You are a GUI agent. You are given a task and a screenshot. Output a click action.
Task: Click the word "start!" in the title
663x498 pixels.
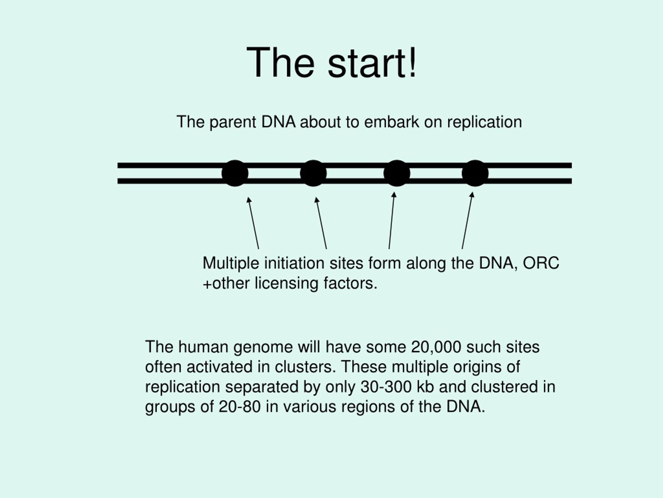(x=372, y=63)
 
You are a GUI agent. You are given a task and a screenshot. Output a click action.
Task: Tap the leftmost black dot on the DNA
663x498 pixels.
(x=235, y=173)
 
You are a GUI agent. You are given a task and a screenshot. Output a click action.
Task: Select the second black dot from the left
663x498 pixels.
(x=313, y=173)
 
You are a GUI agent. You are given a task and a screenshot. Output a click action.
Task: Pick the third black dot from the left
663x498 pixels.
(x=397, y=173)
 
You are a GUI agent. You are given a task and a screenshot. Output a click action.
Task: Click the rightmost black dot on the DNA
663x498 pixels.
(x=475, y=173)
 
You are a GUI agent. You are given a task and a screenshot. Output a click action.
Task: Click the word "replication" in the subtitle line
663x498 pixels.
(x=484, y=122)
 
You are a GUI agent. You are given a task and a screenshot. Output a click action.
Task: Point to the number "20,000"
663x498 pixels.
(x=436, y=347)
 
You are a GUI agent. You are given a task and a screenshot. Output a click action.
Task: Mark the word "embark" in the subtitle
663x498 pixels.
(x=391, y=122)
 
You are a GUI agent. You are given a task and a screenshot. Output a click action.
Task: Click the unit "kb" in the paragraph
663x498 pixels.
(x=425, y=387)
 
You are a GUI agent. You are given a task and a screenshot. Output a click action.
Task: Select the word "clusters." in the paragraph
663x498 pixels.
(x=305, y=367)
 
